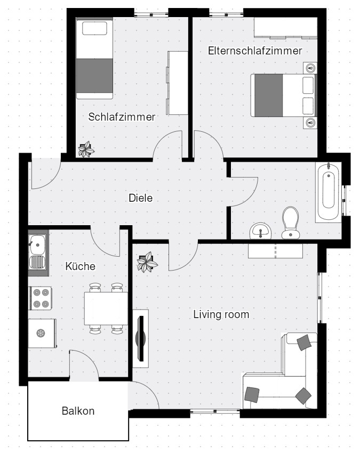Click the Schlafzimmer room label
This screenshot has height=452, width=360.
[122, 117]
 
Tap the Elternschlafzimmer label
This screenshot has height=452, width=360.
[255, 51]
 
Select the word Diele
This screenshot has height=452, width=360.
[141, 198]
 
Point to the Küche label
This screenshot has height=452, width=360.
[81, 266]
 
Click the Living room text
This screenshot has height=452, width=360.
[221, 314]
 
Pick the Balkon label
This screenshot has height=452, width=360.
[78, 411]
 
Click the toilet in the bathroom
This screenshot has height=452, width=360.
[290, 223]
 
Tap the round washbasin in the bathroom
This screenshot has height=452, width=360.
[261, 231]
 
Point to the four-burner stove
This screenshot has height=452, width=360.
[41, 298]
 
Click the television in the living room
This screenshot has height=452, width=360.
[141, 338]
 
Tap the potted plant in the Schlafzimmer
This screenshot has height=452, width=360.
[86, 149]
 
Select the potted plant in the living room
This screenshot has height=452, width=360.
[147, 262]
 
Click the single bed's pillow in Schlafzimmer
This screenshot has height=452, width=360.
[95, 28]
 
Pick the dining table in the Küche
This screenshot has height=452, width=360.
[106, 308]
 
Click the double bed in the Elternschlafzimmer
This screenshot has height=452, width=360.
[283, 96]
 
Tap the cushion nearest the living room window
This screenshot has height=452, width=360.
[304, 342]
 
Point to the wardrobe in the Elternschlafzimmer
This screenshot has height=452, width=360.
[285, 28]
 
